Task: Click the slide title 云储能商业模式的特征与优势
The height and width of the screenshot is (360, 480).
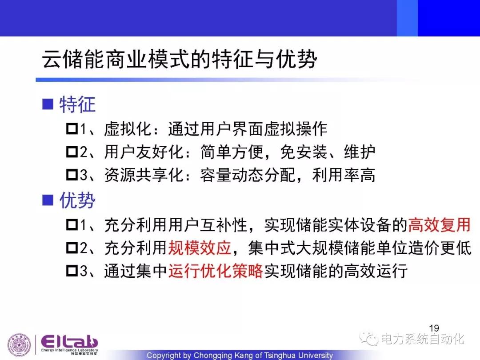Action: coord(180,59)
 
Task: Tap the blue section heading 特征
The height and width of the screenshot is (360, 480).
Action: coord(77,104)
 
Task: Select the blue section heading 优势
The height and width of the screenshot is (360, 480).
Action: coord(77,200)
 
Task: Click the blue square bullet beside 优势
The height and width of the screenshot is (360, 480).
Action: coord(48,200)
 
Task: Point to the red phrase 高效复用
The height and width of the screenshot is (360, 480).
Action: coord(439,225)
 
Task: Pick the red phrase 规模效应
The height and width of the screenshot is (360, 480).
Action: coord(200,248)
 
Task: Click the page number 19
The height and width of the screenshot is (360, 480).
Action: coord(434,328)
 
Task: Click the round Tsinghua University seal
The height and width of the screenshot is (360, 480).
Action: coord(19,344)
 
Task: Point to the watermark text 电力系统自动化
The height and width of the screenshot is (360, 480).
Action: coord(423,339)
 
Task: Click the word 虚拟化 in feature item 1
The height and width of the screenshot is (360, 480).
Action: coord(128,128)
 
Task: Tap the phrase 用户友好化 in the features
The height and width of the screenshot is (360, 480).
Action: coord(144,152)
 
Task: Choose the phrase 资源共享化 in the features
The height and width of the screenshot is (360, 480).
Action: coord(144,175)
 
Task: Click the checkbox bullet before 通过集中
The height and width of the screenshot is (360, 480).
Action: coord(72,271)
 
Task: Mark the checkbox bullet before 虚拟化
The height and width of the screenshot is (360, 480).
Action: coord(72,128)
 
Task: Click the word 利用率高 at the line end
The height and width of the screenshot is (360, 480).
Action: coord(344,175)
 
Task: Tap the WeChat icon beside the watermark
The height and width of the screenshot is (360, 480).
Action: coord(369,338)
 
